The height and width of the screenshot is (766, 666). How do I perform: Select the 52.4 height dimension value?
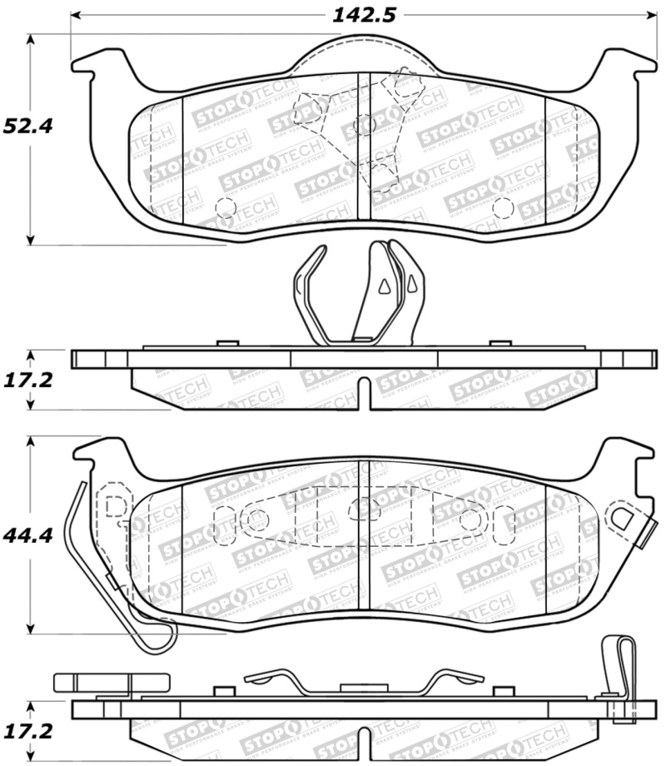tap(27, 127)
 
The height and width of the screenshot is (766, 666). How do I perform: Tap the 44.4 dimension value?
tap(27, 535)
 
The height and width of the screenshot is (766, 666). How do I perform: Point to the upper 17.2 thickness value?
tap(27, 381)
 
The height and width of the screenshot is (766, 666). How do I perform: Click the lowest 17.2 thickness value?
tap(27, 732)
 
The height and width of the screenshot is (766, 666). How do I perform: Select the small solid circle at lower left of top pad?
tap(224, 206)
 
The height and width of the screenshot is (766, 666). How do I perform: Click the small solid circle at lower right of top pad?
tap(500, 206)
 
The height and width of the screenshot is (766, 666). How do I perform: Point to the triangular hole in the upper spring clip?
tap(384, 286)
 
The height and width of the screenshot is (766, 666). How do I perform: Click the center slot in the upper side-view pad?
tap(363, 390)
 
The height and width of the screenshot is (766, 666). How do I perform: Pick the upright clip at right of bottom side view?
tap(617, 666)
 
